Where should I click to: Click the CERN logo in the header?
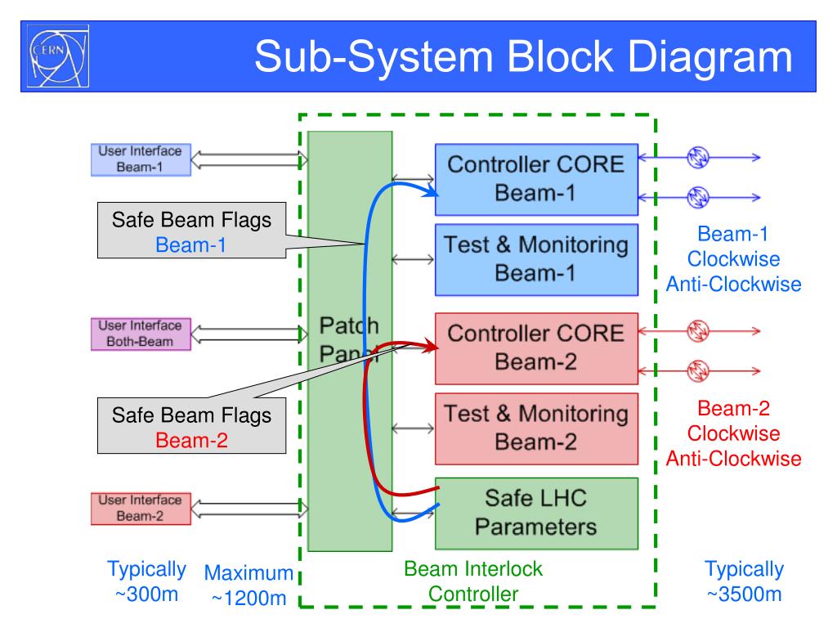tap(58, 56)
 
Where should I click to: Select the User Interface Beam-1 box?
tap(141, 159)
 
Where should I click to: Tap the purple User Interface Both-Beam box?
tap(141, 334)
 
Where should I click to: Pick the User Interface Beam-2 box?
tap(141, 509)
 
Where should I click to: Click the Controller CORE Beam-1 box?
tap(536, 179)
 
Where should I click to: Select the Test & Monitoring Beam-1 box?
tap(536, 259)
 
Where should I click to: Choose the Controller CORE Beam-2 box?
tap(536, 348)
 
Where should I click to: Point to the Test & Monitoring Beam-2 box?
tap(536, 428)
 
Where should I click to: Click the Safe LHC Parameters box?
tap(536, 514)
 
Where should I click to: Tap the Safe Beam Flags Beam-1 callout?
tap(191, 230)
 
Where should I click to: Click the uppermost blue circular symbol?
tap(698, 157)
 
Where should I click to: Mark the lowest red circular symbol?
tap(698, 371)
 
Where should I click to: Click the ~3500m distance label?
tap(745, 594)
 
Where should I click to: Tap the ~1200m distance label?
tap(249, 598)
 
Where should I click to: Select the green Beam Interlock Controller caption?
tap(473, 581)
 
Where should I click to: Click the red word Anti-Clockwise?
tap(733, 459)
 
